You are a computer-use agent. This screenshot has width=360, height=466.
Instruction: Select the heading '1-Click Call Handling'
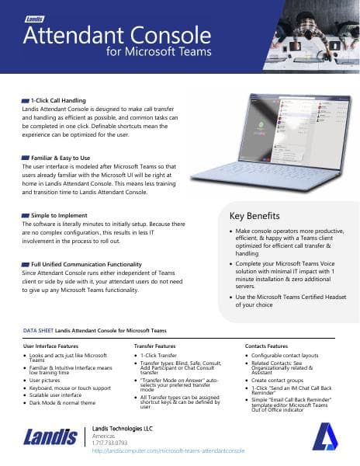57,101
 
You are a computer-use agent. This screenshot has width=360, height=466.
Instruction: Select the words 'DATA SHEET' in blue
38,332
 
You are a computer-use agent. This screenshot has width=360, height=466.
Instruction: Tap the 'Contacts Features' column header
267,345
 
